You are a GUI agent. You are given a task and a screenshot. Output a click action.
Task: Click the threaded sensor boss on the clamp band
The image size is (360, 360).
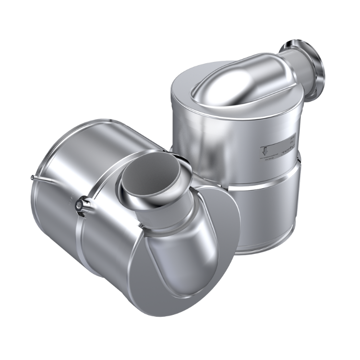point(78,205)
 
